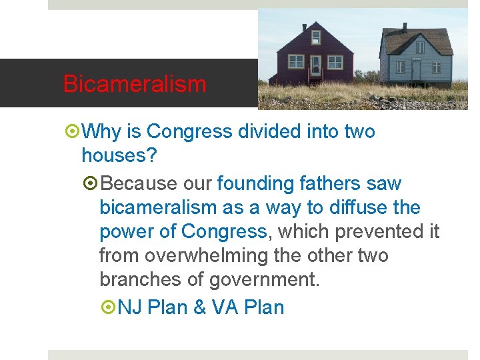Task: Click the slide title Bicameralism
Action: click(135, 85)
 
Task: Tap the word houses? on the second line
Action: click(119, 156)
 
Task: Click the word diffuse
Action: click(357, 207)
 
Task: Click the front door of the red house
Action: click(315, 65)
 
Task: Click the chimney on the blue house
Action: click(405, 28)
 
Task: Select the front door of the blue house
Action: click(415, 69)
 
